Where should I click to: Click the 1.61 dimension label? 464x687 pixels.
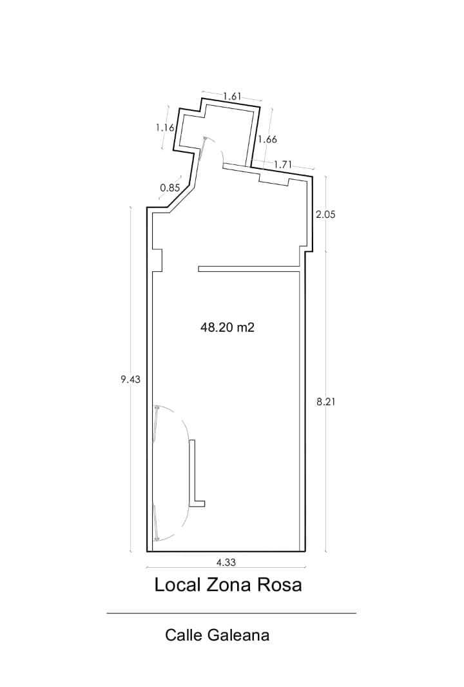(232, 97)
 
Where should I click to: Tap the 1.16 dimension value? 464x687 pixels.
(165, 128)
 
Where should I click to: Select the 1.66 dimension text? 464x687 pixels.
(267, 139)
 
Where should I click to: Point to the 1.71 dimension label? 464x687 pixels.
(283, 165)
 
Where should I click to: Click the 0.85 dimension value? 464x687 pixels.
(170, 188)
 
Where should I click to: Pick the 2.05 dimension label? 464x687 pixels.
(325, 214)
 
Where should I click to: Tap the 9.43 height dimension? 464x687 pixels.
(131, 379)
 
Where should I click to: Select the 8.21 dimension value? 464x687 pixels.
(325, 401)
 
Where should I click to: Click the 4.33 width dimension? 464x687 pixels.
(226, 562)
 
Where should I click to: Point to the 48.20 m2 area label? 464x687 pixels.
(227, 327)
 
